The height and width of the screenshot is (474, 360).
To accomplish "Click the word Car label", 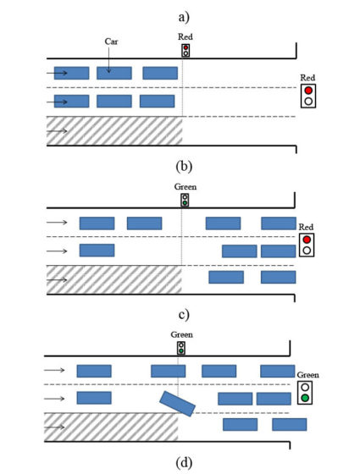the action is [111, 41].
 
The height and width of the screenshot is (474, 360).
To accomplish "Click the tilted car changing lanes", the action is [177, 403].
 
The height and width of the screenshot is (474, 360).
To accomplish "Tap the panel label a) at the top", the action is [184, 17].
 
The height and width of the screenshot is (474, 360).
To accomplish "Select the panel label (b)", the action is [184, 166].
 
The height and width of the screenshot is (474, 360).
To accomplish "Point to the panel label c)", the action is [184, 314].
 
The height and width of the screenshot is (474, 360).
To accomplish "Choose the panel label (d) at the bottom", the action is [184, 462].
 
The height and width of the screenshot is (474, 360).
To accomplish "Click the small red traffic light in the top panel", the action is [186, 50].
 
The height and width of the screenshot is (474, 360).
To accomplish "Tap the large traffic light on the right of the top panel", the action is [308, 96].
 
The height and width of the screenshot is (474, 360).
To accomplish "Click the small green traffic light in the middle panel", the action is [185, 200].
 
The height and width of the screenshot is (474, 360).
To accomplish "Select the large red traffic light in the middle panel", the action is [307, 245].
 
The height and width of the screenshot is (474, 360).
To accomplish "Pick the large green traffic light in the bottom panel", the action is [305, 393].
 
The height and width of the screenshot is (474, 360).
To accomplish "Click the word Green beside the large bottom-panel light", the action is [307, 375].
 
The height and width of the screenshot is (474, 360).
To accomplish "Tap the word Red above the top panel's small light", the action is [186, 37].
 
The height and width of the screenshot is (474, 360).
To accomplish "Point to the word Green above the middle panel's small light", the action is [186, 187].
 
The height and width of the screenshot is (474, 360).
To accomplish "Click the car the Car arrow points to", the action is [114, 73].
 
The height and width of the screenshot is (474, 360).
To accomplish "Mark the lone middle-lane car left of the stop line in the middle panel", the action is [97, 251].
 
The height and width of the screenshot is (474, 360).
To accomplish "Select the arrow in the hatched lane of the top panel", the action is [57, 131].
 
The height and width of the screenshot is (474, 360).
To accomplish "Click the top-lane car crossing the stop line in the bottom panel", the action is [169, 371].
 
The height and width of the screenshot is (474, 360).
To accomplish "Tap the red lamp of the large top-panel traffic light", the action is [308, 91].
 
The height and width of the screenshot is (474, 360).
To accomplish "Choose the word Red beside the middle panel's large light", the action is [306, 227].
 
